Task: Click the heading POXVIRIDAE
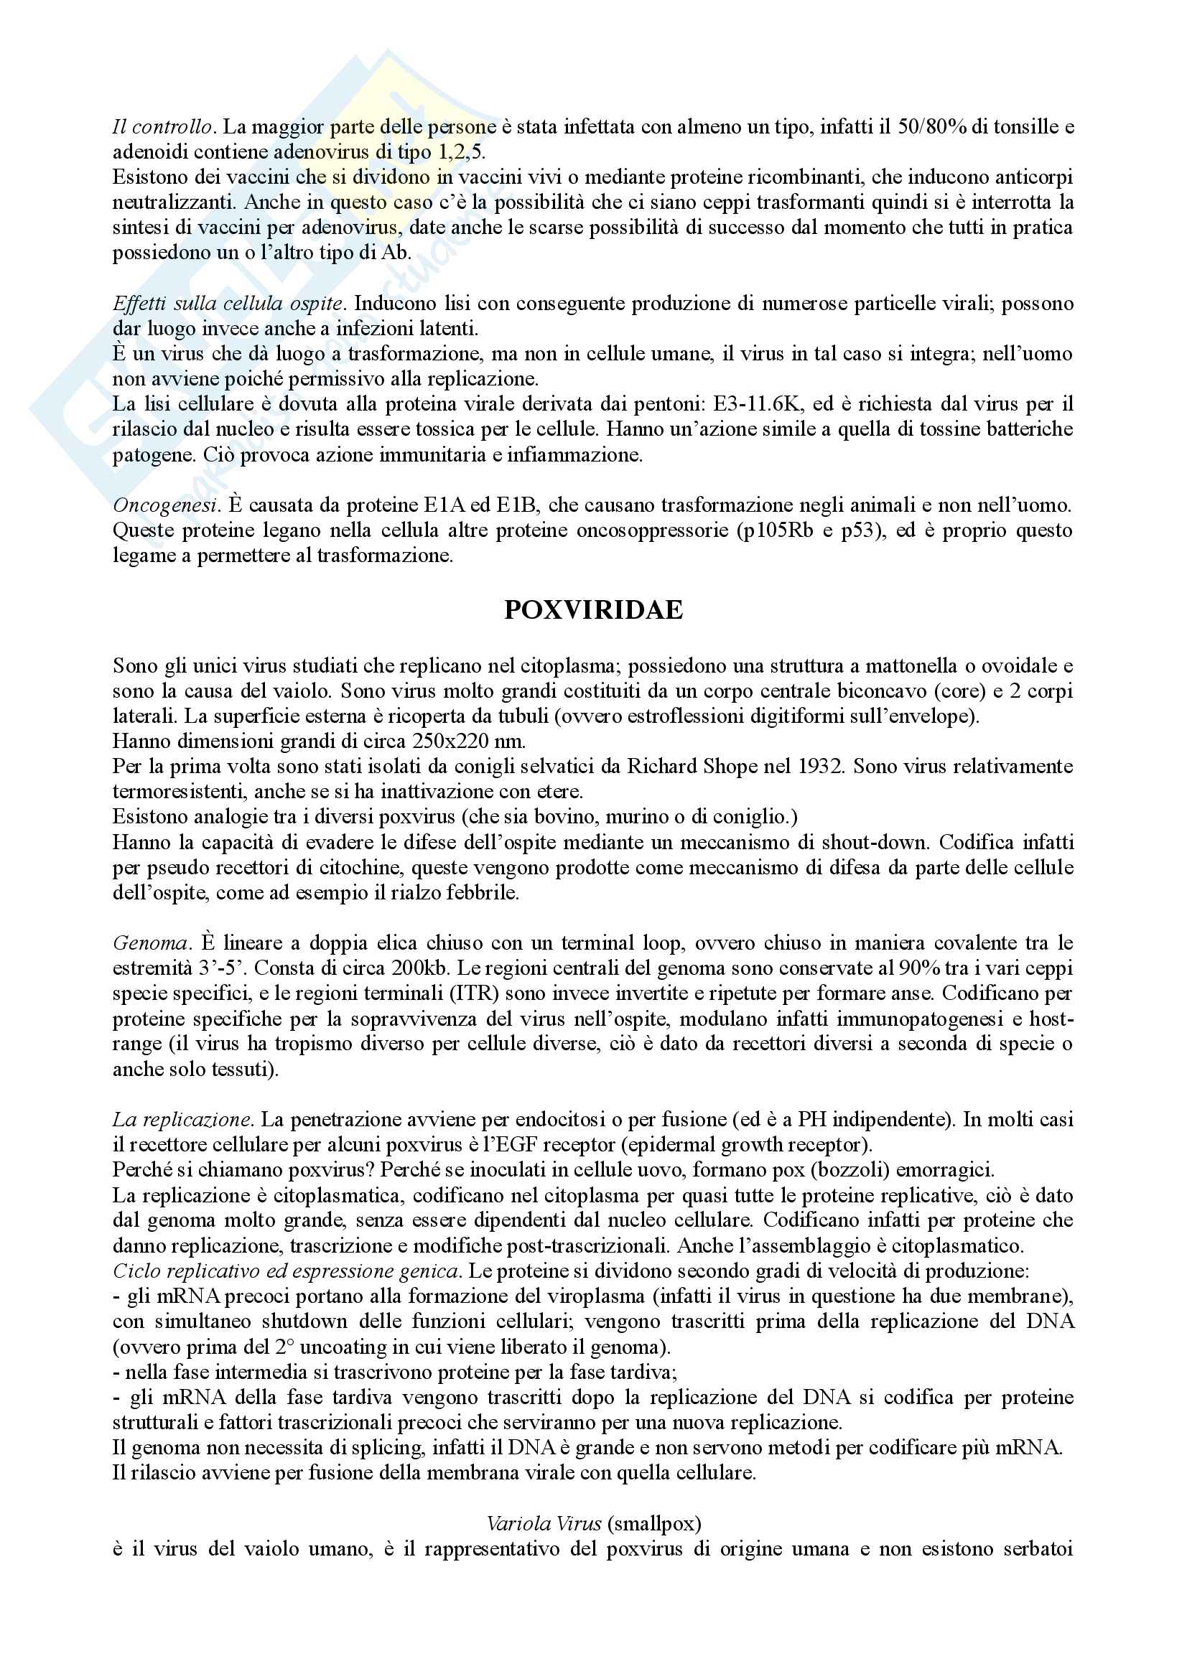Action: [593, 610]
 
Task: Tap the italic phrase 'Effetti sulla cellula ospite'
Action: [228, 304]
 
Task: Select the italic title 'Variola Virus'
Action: [544, 1524]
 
